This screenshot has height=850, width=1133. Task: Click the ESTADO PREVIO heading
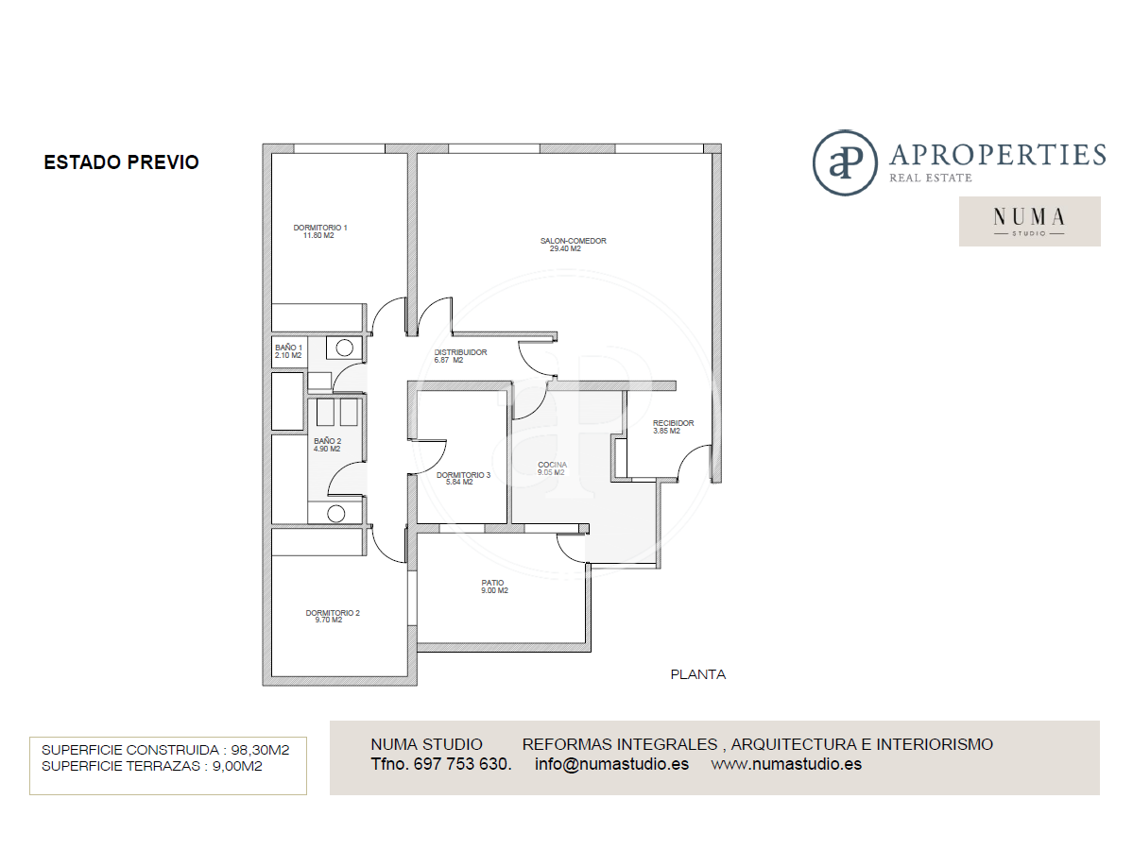tap(121, 162)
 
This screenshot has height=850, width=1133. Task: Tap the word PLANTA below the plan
tap(698, 674)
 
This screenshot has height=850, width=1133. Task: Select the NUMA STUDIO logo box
tap(1030, 221)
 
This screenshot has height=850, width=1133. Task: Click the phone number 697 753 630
tap(462, 764)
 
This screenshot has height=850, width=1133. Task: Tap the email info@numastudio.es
tap(612, 764)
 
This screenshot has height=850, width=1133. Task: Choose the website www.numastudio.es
tap(786, 764)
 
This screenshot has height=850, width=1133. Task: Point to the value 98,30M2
tap(260, 750)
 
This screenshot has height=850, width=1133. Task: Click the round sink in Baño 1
tap(345, 348)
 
